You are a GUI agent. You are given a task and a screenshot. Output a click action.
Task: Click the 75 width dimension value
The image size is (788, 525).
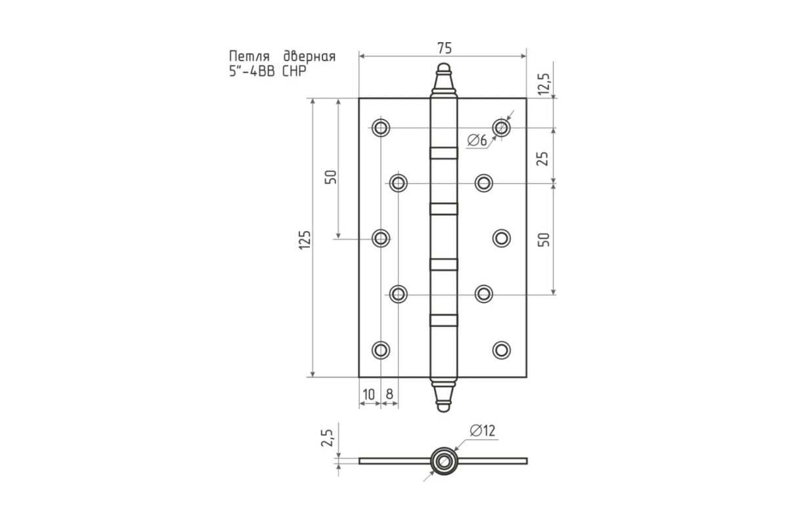[x=445, y=48]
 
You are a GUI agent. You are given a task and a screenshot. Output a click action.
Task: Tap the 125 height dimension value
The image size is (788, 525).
[x=305, y=240]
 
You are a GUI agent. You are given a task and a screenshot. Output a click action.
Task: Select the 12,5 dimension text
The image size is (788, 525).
[x=544, y=84]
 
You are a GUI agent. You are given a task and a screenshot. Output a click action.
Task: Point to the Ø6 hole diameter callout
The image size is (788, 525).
[x=477, y=140]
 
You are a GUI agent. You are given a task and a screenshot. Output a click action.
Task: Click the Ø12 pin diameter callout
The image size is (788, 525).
[x=483, y=430]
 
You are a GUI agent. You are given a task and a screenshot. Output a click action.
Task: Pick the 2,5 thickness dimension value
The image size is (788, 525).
[x=327, y=438]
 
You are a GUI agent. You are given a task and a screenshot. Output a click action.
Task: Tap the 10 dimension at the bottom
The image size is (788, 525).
[x=368, y=394]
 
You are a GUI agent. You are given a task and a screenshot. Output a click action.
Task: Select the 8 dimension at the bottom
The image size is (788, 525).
[x=389, y=394]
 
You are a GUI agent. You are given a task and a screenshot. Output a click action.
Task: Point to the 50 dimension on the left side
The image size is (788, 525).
[x=330, y=177]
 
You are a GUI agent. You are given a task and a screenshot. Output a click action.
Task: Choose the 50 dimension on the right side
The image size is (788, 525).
[x=544, y=240]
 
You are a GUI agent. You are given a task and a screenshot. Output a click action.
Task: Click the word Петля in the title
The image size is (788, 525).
[x=250, y=56]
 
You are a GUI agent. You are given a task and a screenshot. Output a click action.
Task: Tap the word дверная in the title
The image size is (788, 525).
[x=309, y=56]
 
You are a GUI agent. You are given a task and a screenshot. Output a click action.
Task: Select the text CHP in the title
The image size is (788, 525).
[x=294, y=72]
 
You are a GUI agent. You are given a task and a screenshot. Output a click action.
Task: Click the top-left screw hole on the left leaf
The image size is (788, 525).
[x=381, y=127]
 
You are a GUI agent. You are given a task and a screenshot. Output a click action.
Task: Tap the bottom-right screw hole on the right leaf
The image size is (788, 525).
[x=501, y=350]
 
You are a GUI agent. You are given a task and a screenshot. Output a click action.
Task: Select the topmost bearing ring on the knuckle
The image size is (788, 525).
[x=444, y=153]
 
